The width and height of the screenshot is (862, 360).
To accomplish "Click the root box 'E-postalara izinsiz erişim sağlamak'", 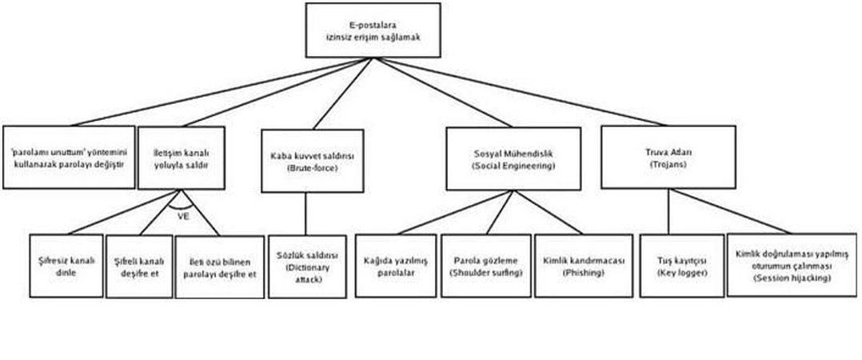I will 373,30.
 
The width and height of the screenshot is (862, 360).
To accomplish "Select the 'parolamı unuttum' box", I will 68,157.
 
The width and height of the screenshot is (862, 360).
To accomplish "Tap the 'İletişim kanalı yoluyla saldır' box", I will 181,157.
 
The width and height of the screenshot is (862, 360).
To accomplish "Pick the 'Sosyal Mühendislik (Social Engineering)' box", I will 513,157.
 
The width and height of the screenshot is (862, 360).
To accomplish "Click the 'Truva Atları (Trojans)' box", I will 668,157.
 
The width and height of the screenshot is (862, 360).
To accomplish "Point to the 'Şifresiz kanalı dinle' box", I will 66,266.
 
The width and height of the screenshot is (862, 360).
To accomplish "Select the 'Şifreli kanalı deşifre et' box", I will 139,266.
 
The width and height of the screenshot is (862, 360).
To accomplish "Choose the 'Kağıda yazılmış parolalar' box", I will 396,266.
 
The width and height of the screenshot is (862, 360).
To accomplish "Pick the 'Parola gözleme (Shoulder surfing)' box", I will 486,266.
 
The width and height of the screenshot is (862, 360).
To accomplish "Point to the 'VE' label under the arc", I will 183,215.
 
